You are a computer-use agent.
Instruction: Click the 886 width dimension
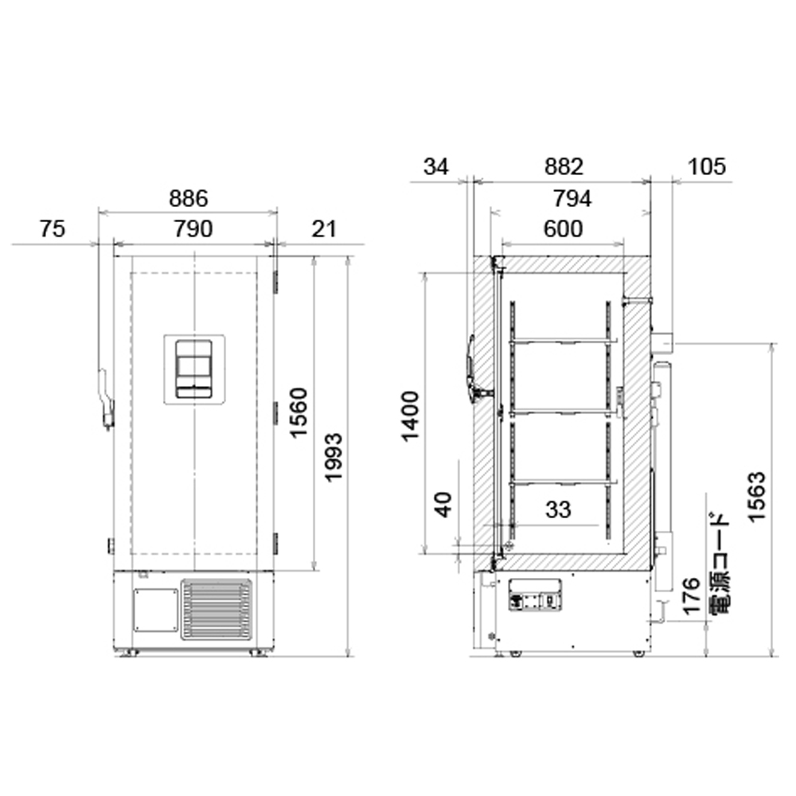click(189, 198)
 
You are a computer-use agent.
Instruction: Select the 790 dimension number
click(193, 229)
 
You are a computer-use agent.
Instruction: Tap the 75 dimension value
click(53, 229)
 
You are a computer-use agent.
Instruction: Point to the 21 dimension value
click(324, 229)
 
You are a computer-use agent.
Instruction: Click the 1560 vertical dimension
click(299, 412)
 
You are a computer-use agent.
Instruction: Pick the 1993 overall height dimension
click(334, 458)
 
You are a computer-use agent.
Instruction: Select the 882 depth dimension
click(564, 166)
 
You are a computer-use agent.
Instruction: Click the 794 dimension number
click(572, 198)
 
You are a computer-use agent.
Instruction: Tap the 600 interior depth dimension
click(563, 229)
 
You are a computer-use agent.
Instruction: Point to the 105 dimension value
click(707, 166)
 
